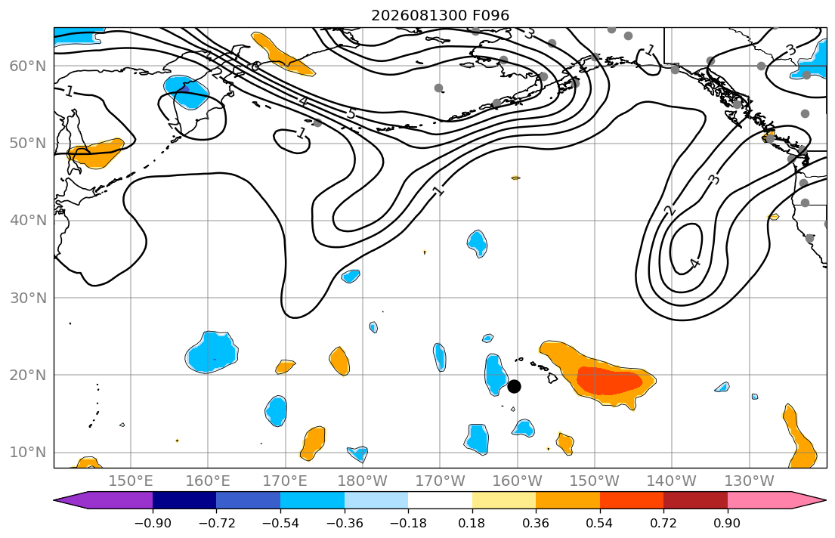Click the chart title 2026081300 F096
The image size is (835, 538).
tap(440, 15)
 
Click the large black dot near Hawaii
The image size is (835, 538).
tap(514, 386)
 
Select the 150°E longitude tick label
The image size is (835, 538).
tap(131, 481)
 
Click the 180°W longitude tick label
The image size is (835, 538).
tap(363, 481)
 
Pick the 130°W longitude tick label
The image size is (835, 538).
tap(750, 481)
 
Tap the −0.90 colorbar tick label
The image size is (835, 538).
tap(153, 523)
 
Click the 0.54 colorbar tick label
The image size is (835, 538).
tap(600, 523)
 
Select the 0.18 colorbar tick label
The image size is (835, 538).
tap(472, 523)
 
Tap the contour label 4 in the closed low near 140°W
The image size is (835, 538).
tap(694, 263)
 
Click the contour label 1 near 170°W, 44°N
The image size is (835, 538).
tap(439, 190)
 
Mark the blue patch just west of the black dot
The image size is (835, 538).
tap(496, 375)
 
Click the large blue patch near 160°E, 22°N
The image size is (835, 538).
tap(212, 352)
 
